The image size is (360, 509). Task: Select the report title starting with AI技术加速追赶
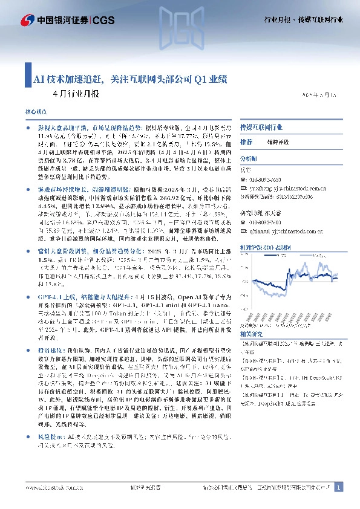[130, 79]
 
